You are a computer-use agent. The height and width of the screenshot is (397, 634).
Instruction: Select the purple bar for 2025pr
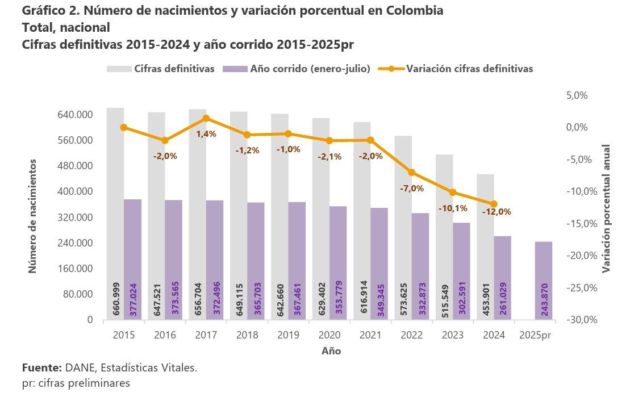pos(544,281)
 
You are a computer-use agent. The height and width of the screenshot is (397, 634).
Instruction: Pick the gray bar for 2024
pos(485,247)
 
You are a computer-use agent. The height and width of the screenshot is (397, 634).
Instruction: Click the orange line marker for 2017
pos(206,118)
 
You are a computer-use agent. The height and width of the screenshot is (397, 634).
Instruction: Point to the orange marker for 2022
pos(412,172)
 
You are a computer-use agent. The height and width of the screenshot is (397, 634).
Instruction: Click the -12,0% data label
pos(497,212)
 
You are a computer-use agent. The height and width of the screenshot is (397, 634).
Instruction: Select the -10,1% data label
pos(453,208)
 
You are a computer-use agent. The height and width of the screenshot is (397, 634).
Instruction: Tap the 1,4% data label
pos(206,134)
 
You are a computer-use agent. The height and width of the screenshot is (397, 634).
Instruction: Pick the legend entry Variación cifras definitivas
pos(469,69)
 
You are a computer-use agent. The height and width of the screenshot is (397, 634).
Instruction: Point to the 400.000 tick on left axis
pos(76,191)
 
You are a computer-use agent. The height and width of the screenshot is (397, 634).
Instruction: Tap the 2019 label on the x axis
pos(288,335)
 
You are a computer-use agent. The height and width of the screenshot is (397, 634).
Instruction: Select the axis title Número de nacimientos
pos(33,216)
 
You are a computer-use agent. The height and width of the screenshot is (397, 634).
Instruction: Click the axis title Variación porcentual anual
pos(606,208)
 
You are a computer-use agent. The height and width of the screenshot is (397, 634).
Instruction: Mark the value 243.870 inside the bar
pos(544,300)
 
